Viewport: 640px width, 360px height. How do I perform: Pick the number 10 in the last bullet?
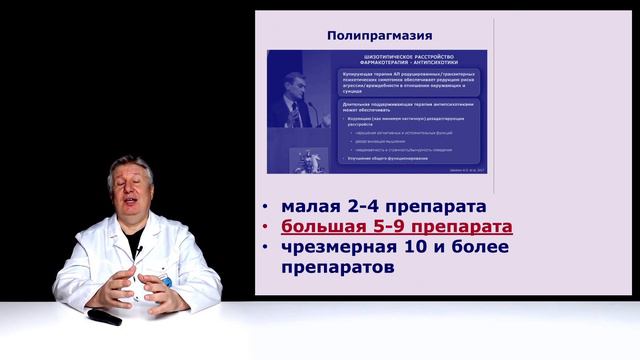420,248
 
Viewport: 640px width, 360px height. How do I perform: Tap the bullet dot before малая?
264,208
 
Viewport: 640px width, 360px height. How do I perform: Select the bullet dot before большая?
264,228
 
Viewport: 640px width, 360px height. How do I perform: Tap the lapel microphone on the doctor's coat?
140,249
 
